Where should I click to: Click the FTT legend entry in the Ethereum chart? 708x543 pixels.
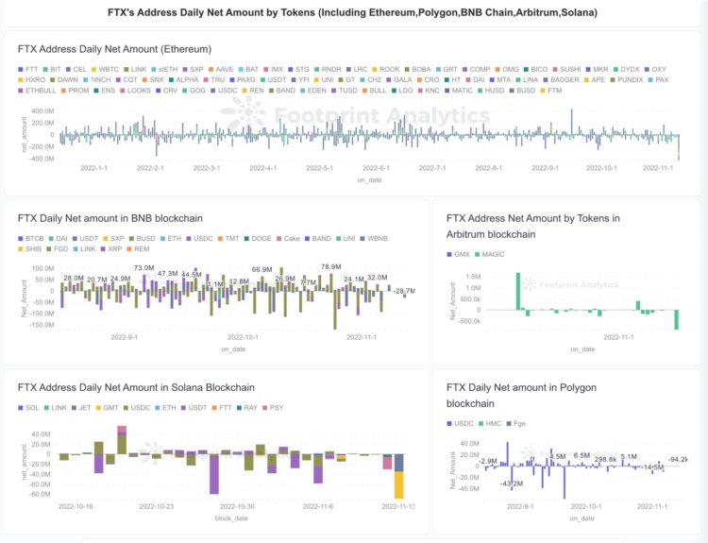click(31, 69)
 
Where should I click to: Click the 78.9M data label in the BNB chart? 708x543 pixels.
click(331, 266)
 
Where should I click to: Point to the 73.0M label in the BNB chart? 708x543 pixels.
click(143, 268)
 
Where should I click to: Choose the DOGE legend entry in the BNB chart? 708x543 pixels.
click(261, 238)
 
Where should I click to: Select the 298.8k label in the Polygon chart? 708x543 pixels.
click(605, 459)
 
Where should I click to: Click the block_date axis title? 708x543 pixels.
click(230, 518)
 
